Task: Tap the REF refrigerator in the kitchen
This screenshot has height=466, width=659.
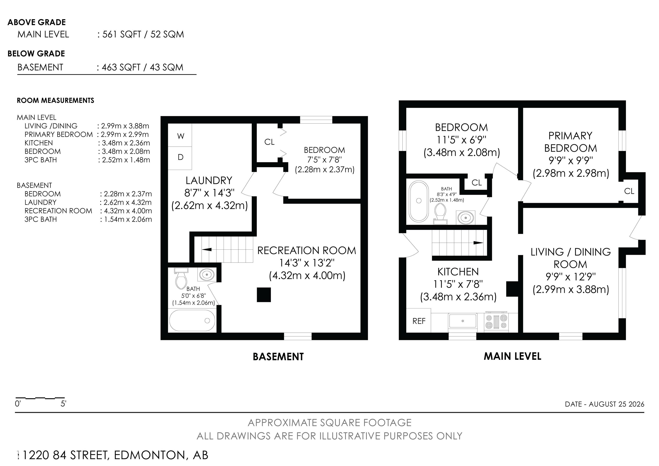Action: pyautogui.click(x=419, y=321)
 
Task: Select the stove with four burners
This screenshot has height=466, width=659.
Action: pyautogui.click(x=496, y=322)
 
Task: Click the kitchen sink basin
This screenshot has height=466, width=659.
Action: pyautogui.click(x=463, y=321)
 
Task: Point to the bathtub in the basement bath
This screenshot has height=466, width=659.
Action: pyautogui.click(x=192, y=320)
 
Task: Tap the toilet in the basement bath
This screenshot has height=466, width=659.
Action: pyautogui.click(x=181, y=278)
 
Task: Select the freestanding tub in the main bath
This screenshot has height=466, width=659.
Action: pyautogui.click(x=419, y=201)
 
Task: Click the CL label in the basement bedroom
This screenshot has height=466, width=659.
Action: pyautogui.click(x=269, y=142)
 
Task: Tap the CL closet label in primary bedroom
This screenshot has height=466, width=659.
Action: pyautogui.click(x=629, y=191)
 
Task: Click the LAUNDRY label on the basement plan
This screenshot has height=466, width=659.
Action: pyautogui.click(x=209, y=180)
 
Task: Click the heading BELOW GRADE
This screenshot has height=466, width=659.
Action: pyautogui.click(x=36, y=54)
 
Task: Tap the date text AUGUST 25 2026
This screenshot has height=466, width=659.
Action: pyautogui.click(x=617, y=404)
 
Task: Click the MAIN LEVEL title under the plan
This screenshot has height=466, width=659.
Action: pyautogui.click(x=512, y=356)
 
